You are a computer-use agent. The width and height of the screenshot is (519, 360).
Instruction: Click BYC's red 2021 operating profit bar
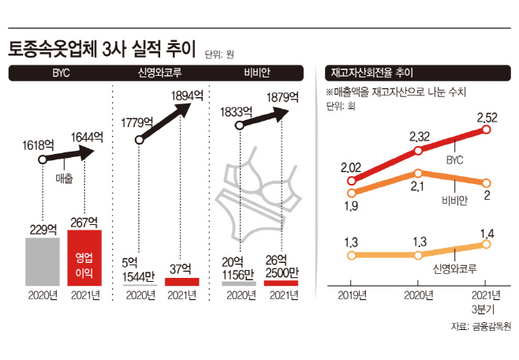[84, 257]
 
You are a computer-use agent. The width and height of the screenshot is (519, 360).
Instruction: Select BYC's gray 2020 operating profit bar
[43, 261]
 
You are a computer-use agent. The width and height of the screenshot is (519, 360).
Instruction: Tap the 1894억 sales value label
[187, 96]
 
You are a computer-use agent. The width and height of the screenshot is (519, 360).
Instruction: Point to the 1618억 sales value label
[38, 145]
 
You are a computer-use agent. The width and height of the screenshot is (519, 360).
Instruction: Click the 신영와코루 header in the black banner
[159, 73]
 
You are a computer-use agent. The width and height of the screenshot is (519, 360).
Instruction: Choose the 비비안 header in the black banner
[257, 73]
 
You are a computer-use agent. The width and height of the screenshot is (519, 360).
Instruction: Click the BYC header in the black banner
[62, 73]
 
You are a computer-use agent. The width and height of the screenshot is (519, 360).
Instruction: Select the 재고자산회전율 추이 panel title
[372, 73]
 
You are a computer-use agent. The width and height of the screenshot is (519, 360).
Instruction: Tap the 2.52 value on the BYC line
[487, 118]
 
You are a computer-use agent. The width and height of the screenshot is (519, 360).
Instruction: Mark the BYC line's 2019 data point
[352, 181]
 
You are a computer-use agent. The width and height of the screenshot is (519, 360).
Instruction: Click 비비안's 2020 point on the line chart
[418, 173]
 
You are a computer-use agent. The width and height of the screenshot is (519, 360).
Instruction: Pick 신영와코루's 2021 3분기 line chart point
[486, 244]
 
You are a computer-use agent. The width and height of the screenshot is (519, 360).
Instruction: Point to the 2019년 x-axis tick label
[352, 295]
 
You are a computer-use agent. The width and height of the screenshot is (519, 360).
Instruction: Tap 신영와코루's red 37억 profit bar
[182, 282]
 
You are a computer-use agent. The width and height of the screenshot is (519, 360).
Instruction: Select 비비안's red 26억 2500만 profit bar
[281, 283]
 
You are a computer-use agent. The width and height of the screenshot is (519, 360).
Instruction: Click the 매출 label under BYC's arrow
[64, 178]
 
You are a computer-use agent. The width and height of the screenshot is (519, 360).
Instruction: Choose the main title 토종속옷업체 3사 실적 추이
[103, 49]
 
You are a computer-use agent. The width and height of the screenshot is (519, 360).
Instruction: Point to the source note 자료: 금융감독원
[481, 326]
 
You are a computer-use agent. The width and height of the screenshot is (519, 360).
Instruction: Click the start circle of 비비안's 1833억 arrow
[240, 126]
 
